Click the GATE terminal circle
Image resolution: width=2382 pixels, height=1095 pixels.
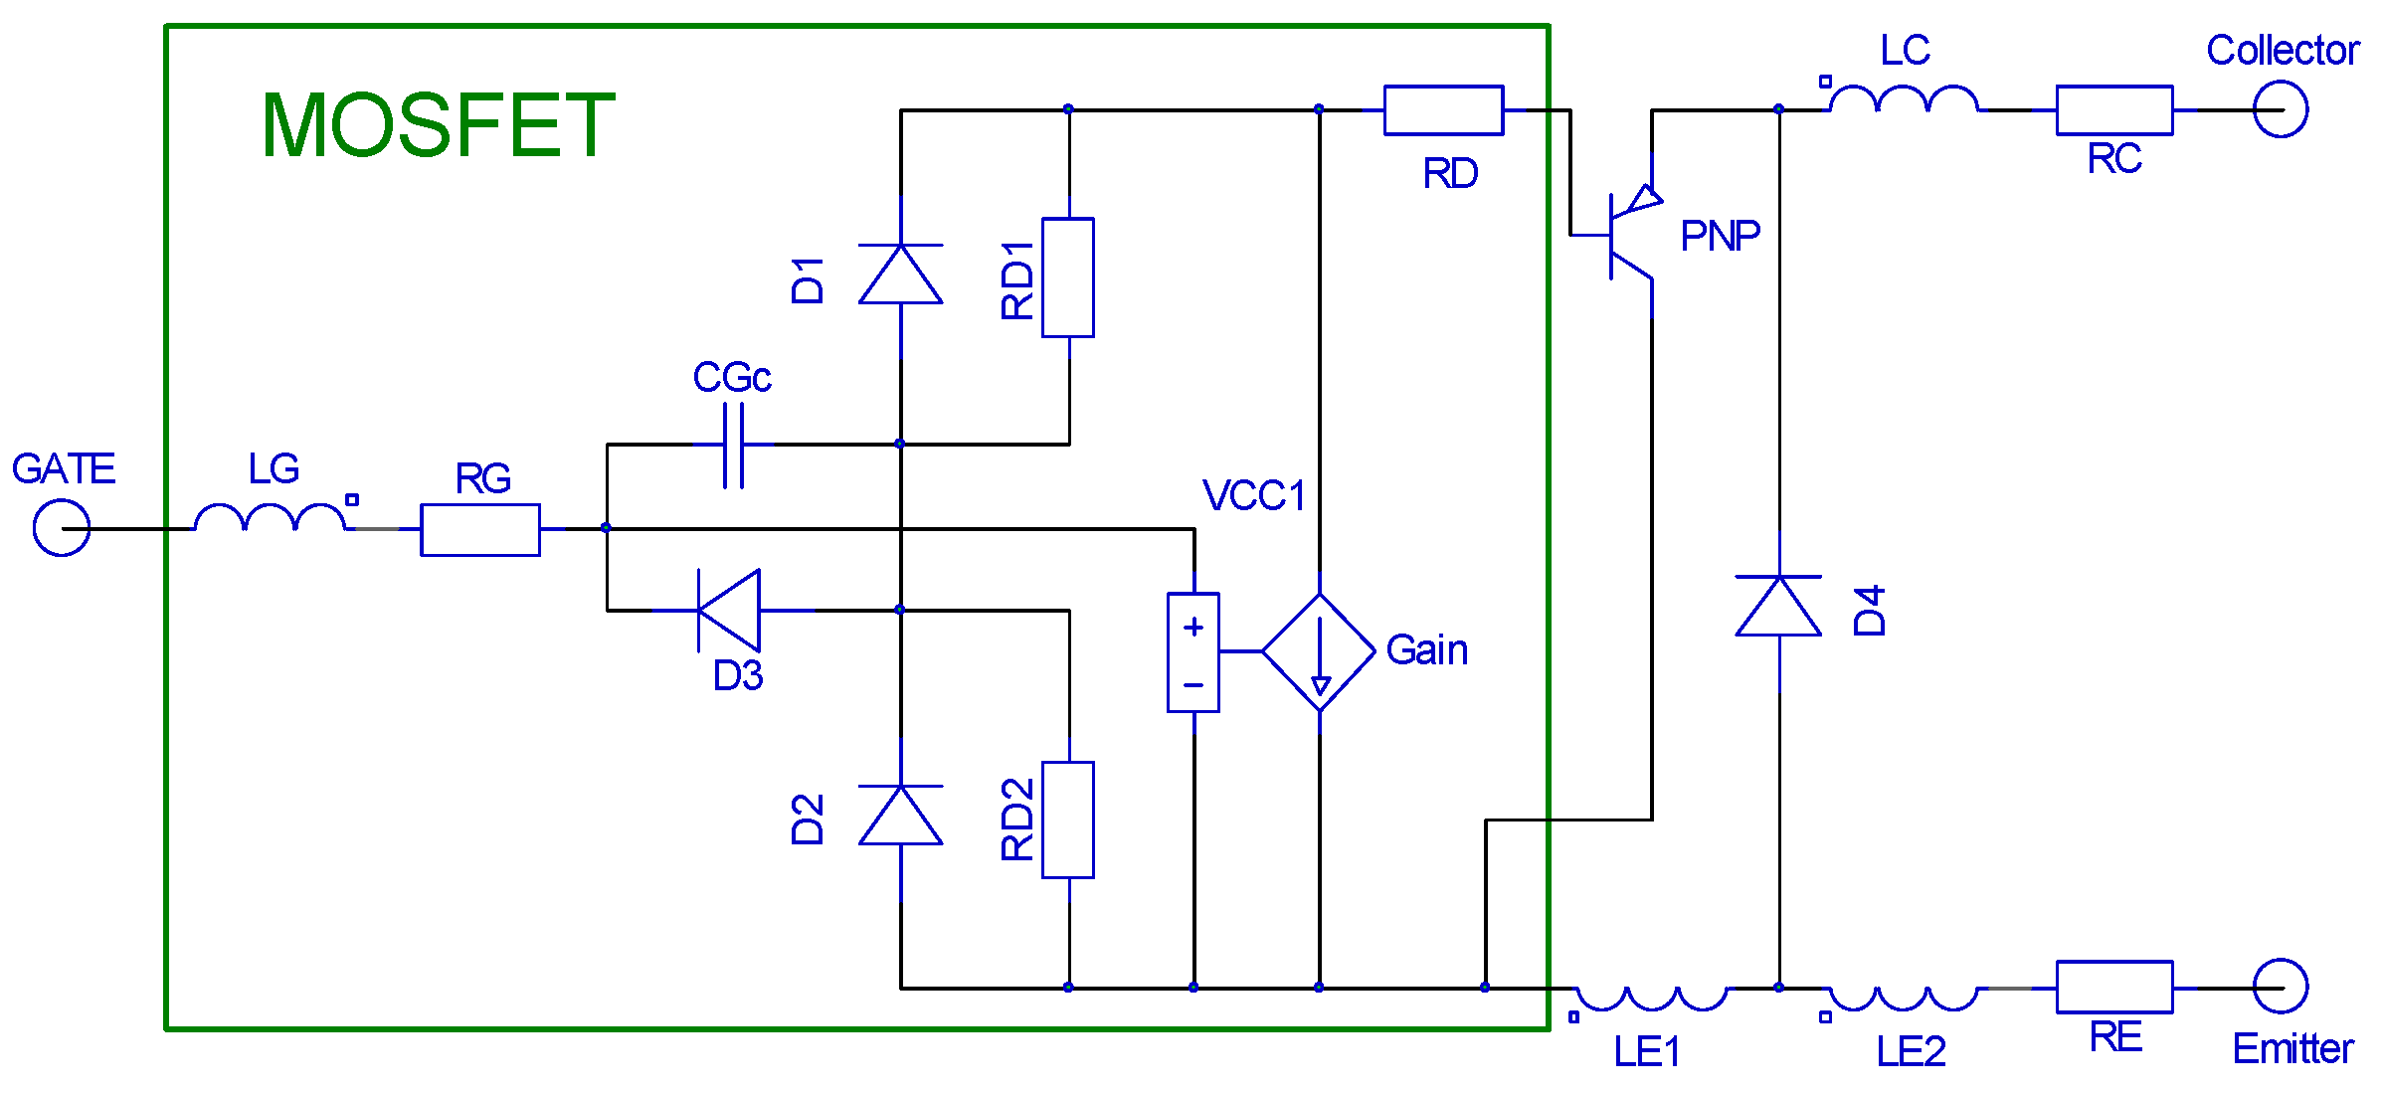tap(62, 528)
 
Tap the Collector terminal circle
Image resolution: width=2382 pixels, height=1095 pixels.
tap(2280, 109)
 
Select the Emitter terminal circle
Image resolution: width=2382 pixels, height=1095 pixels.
tap(2280, 987)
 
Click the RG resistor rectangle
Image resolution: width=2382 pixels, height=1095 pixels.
tap(480, 529)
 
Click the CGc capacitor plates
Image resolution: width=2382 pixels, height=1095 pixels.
tap(733, 445)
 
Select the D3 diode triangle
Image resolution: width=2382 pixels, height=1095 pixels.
tap(731, 610)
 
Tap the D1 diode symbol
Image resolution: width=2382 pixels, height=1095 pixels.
tap(900, 274)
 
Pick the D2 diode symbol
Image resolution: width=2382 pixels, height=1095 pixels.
tap(900, 815)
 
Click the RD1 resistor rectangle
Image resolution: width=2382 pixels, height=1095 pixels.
tap(1068, 277)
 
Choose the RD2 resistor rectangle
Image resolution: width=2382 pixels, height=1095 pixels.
tap(1068, 820)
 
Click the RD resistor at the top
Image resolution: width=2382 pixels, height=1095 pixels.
tap(1443, 110)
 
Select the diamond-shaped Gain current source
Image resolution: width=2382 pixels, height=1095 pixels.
tap(1319, 652)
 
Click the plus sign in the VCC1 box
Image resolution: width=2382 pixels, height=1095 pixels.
tap(1193, 627)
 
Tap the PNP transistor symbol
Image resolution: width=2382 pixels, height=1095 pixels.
tap(1627, 237)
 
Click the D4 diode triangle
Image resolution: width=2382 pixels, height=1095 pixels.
tap(1778, 606)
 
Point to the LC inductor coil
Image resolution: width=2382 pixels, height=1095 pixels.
tap(1904, 99)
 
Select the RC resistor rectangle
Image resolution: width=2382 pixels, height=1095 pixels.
tap(2113, 110)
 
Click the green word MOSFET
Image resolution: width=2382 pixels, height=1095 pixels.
tap(438, 125)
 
